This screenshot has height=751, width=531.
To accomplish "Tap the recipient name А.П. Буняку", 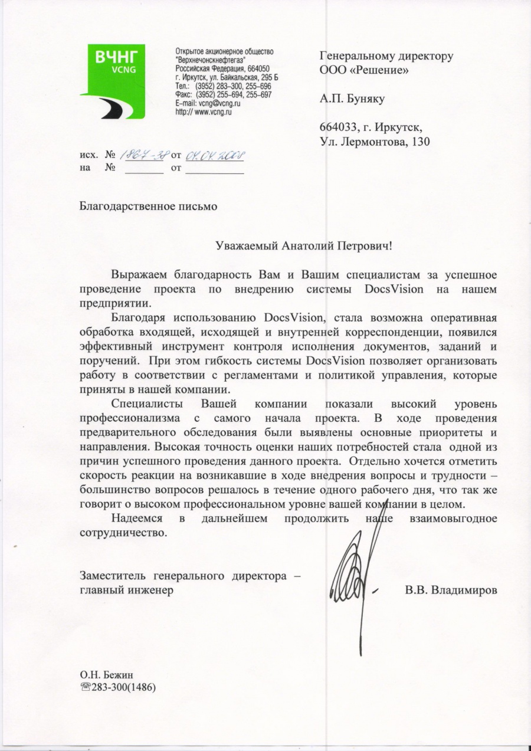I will click(x=352, y=99).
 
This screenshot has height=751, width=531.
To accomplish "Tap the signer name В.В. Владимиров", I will click(x=451, y=590).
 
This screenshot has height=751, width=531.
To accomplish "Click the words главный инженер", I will click(x=126, y=590).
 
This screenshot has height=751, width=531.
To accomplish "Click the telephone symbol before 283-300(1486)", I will click(x=85, y=687).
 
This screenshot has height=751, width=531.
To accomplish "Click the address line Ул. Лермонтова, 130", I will click(x=375, y=142).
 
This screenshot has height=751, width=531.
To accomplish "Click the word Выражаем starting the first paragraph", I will click(x=140, y=276).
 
